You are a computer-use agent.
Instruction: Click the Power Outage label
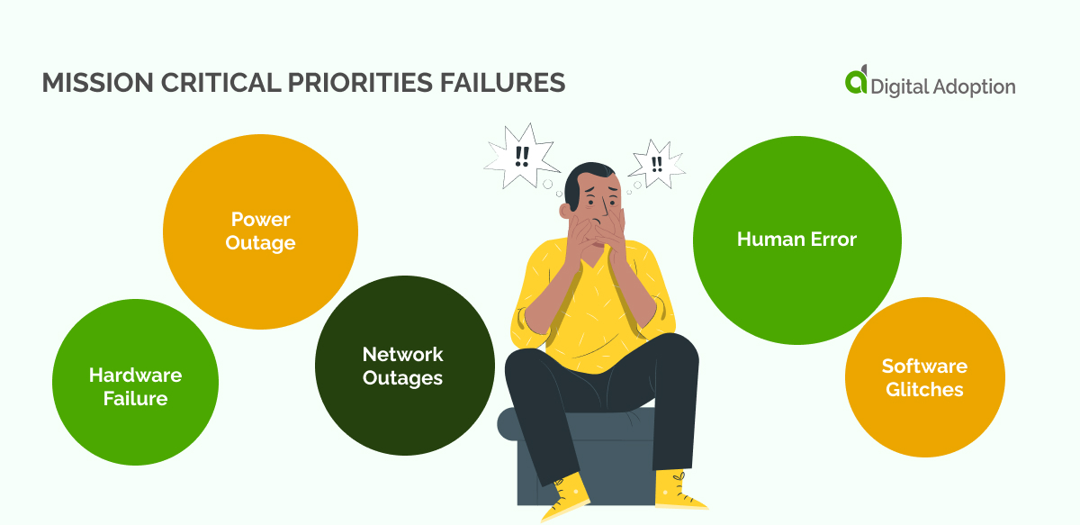[x=260, y=231]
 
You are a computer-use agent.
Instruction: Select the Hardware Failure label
[x=135, y=386]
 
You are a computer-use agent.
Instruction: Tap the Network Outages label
[x=402, y=366]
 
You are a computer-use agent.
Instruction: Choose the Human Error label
[x=796, y=240]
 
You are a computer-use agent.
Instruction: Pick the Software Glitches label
[x=924, y=377]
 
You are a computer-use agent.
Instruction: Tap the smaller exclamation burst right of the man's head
[x=656, y=165]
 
